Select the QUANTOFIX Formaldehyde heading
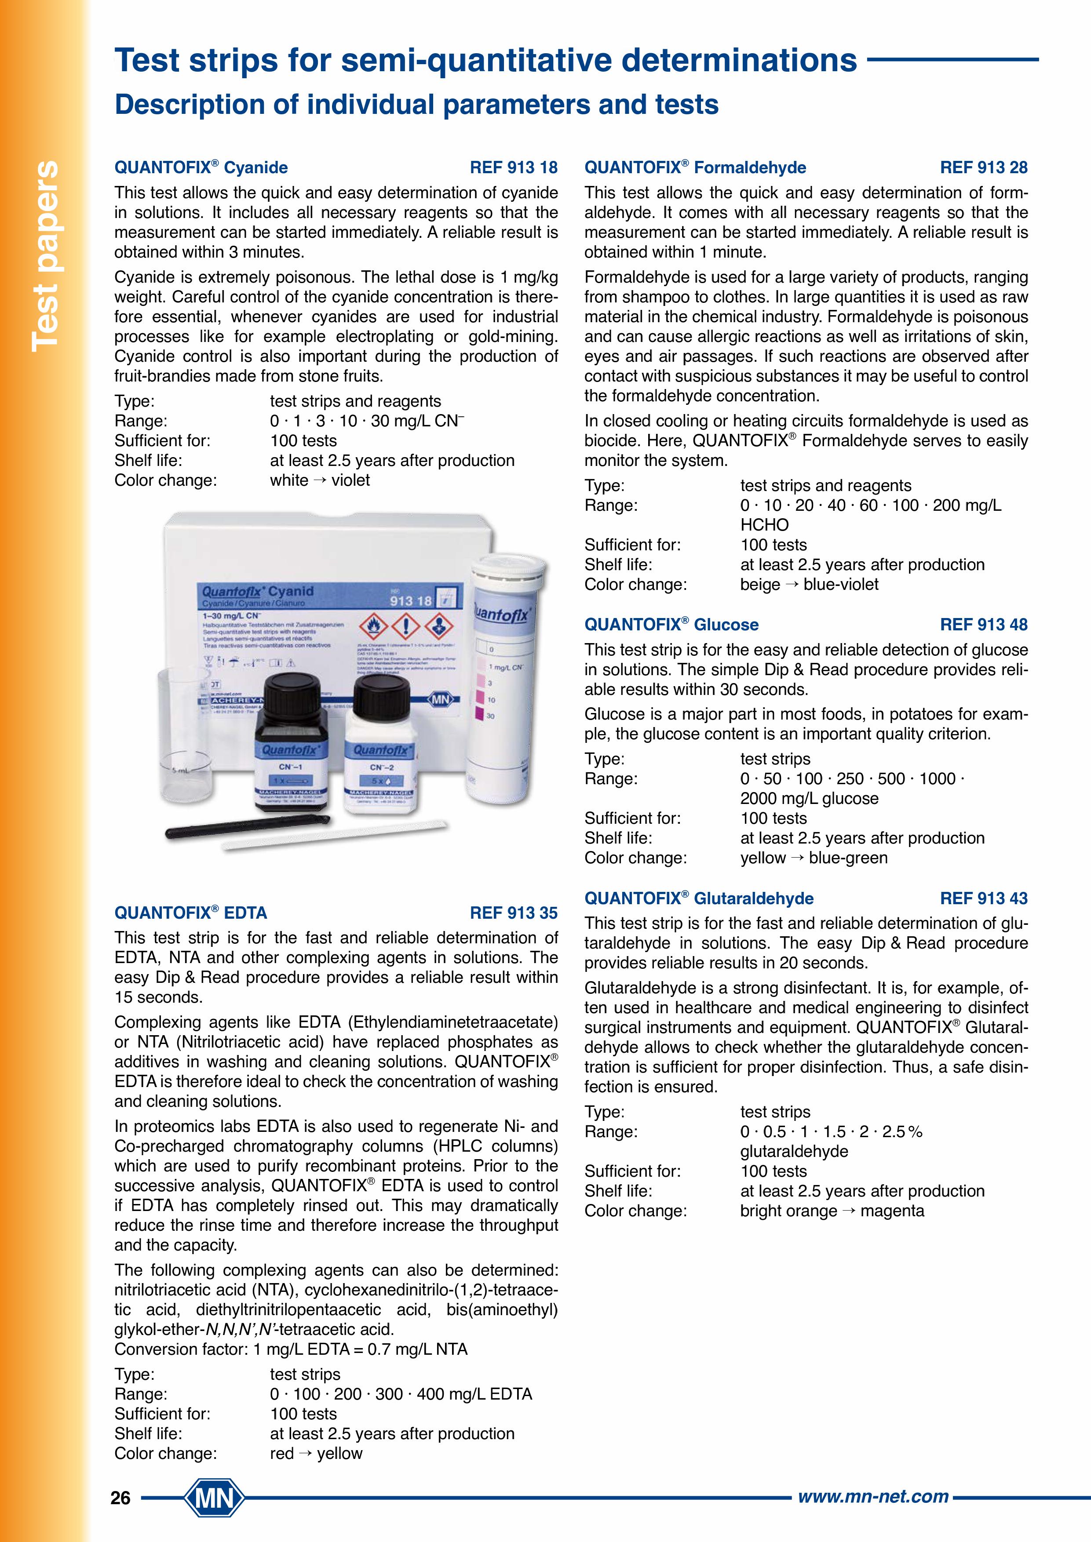(x=695, y=167)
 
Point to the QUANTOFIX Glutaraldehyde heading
(x=699, y=898)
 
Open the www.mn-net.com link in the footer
(x=872, y=1496)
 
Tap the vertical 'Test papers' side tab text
(x=46, y=255)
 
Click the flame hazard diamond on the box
(x=374, y=626)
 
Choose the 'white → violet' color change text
(x=320, y=480)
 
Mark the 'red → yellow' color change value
(x=316, y=1453)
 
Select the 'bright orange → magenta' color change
(x=832, y=1211)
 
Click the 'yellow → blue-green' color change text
(x=814, y=858)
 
